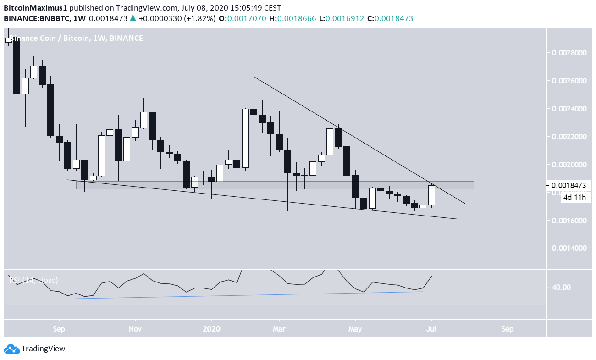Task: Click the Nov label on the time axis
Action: point(135,329)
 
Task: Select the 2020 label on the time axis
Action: point(211,329)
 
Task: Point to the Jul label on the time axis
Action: point(431,329)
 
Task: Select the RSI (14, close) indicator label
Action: point(33,280)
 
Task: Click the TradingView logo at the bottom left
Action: point(35,349)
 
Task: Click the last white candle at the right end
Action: point(431,195)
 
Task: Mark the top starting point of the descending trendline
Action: point(254,76)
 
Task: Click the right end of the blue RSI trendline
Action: point(422,292)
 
